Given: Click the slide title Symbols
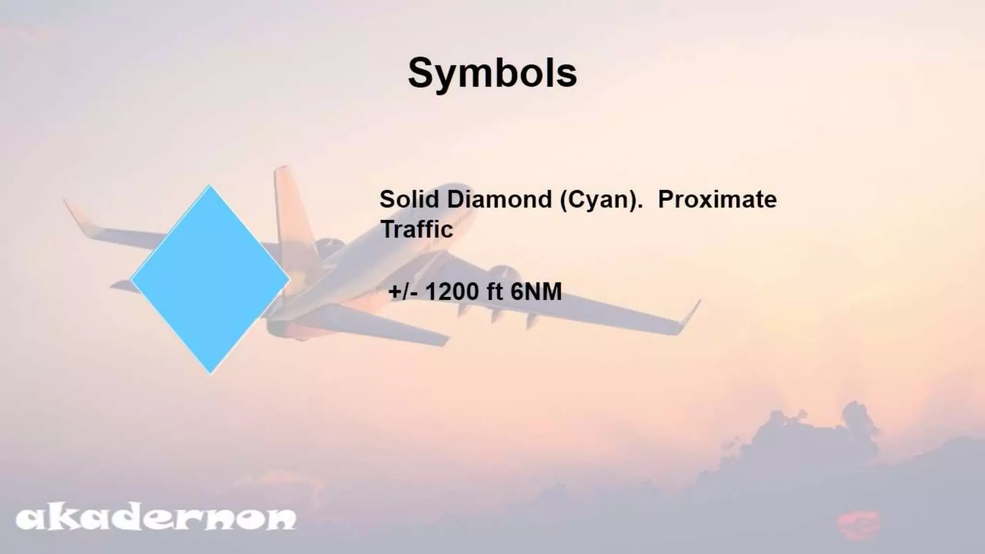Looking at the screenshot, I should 492,73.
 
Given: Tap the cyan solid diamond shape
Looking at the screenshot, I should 210,279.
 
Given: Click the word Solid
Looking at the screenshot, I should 410,199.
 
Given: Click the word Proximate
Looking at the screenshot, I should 717,199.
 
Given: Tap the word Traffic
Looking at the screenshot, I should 417,229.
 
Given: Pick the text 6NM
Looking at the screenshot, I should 536,292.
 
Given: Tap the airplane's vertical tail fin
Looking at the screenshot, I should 289,202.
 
